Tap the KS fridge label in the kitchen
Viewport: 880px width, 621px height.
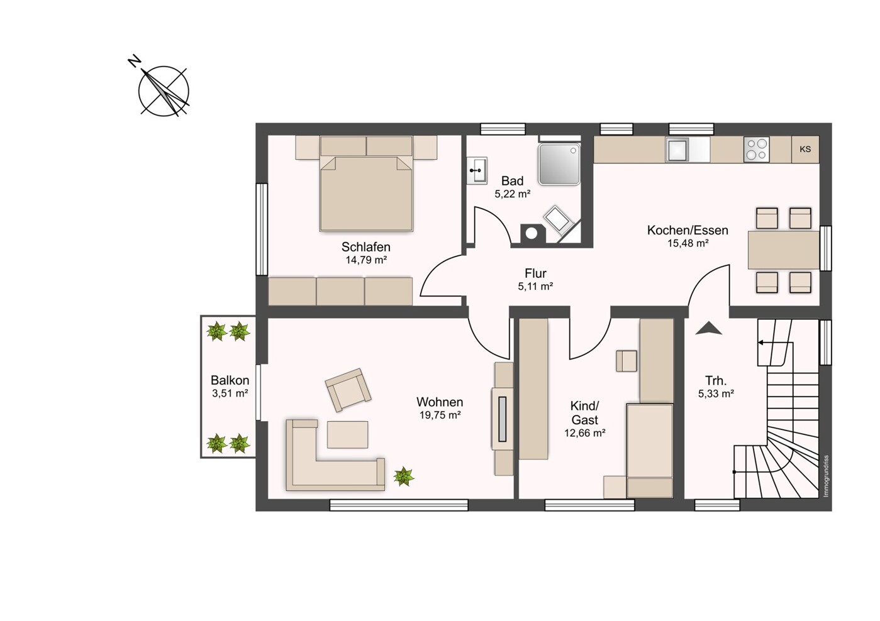(x=805, y=149)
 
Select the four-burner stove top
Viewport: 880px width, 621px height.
(x=756, y=149)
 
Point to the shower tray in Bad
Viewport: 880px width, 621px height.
(x=559, y=164)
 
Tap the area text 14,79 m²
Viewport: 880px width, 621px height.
(x=366, y=260)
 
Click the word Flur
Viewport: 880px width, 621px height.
(x=535, y=273)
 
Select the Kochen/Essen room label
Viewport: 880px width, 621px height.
(x=688, y=230)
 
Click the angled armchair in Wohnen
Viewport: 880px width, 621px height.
(x=348, y=390)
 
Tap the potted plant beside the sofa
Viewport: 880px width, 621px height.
(x=404, y=476)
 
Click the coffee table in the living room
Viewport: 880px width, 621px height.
(x=347, y=434)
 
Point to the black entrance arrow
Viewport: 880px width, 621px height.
(x=708, y=328)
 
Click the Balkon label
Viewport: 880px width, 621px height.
(x=230, y=380)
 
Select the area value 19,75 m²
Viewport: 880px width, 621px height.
(x=440, y=415)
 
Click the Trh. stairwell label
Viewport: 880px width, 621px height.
(x=716, y=381)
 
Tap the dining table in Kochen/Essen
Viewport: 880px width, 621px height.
(x=783, y=250)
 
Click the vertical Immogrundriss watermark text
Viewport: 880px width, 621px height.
(x=826, y=476)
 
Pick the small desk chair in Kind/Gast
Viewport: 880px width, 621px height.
(x=627, y=361)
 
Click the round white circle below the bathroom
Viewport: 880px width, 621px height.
(x=532, y=234)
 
